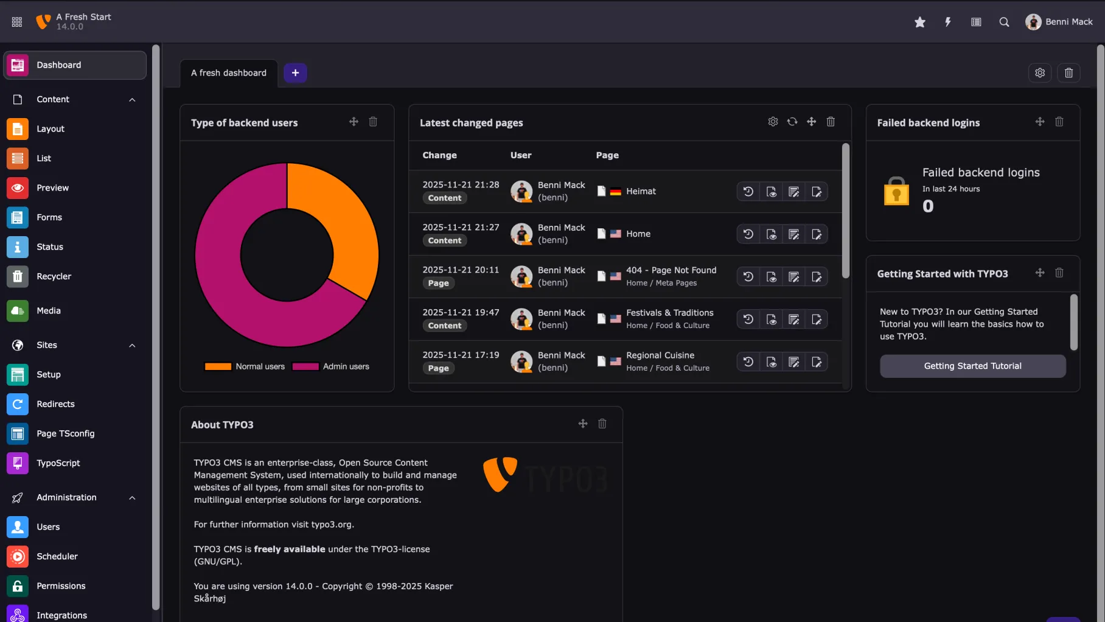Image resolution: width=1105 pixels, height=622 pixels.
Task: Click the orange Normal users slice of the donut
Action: click(341, 219)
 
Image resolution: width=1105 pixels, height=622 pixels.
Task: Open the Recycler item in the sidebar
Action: click(54, 276)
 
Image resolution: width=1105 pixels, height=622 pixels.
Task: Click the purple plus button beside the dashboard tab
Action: click(295, 73)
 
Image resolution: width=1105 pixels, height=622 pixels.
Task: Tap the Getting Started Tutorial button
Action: click(972, 366)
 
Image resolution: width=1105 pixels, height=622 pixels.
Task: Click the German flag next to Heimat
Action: click(615, 192)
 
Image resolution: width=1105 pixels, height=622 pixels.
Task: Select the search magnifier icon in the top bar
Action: click(1004, 22)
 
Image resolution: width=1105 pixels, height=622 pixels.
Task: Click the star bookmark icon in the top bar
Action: click(919, 22)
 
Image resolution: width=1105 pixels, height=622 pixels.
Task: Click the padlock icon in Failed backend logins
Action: click(896, 191)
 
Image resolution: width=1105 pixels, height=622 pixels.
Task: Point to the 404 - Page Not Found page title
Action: click(671, 270)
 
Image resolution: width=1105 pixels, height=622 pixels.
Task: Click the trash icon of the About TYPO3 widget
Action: click(602, 424)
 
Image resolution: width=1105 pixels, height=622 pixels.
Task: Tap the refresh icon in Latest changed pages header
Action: click(792, 122)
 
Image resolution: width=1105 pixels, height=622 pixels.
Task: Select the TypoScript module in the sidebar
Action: click(58, 463)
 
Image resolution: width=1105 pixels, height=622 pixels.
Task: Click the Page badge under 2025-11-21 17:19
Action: click(438, 368)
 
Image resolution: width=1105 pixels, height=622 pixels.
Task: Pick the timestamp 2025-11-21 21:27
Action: click(461, 227)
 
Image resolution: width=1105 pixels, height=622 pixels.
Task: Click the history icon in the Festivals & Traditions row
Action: click(748, 320)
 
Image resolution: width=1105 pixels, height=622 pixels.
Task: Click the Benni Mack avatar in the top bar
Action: click(1033, 22)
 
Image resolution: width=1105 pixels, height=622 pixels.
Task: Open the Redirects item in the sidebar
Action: click(55, 404)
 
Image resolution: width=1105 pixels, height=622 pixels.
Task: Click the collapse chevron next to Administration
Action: click(132, 498)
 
